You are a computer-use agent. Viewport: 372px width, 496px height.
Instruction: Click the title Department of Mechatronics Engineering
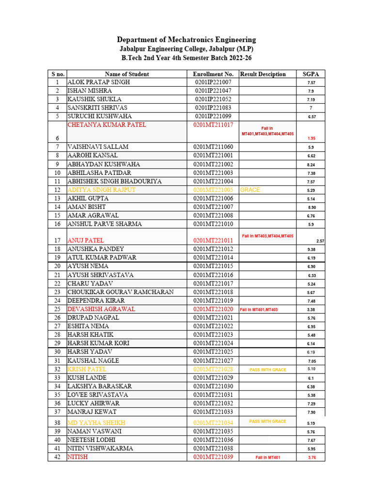[186, 40]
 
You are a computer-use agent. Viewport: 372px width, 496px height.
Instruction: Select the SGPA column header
[310, 74]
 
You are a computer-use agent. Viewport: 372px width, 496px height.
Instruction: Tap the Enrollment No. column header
[213, 74]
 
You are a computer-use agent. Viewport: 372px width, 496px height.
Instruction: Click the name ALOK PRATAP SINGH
[99, 82]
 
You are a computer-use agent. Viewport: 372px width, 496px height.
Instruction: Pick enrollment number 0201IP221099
[213, 116]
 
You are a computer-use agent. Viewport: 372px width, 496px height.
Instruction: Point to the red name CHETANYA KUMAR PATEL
[107, 125]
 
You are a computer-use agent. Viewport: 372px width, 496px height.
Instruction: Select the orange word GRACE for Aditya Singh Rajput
[250, 190]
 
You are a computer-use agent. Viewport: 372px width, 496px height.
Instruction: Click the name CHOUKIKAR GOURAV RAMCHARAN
[120, 292]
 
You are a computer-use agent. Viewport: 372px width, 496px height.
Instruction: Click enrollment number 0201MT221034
[213, 423]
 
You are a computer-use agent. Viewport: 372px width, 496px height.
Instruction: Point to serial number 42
[57, 457]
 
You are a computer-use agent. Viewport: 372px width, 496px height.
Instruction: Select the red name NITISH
[78, 457]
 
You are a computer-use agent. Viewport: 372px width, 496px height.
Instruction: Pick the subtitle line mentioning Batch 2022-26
[186, 58]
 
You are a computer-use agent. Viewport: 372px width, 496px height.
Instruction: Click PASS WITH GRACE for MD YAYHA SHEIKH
[267, 421]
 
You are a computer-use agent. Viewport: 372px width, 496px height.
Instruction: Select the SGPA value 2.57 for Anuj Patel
[320, 241]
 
